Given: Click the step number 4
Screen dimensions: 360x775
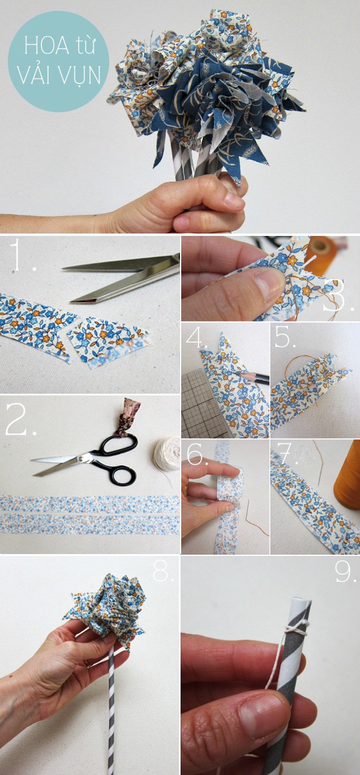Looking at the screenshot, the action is (x=197, y=337).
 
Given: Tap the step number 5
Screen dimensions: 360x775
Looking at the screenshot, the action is (x=286, y=337).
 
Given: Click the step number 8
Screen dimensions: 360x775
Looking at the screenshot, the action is (x=163, y=571).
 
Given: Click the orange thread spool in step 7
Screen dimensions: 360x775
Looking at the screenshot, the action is (x=347, y=475).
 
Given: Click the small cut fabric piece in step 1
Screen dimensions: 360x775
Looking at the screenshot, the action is (x=109, y=342).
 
